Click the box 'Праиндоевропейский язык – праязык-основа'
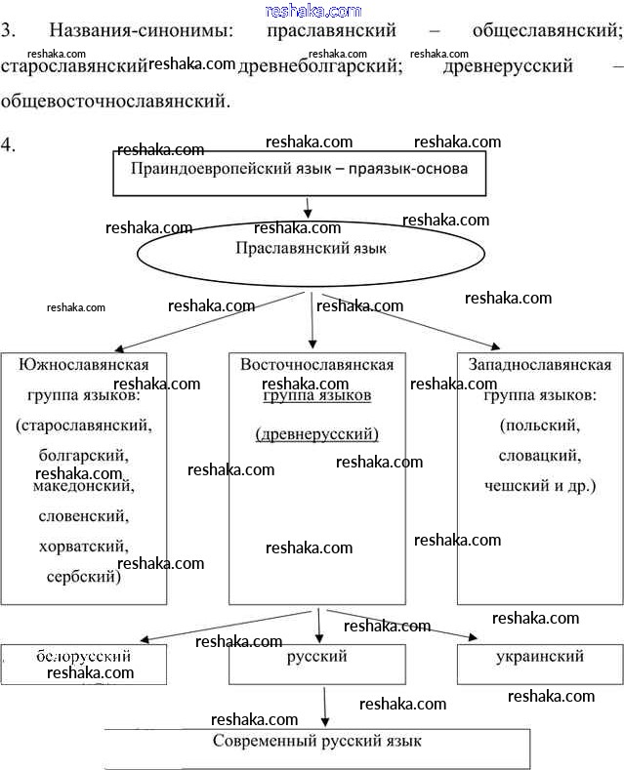(x=306, y=170)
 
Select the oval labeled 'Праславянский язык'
(x=311, y=250)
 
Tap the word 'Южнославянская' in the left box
(x=91, y=365)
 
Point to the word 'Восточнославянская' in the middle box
(x=316, y=365)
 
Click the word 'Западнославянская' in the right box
(x=539, y=365)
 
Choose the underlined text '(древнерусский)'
(x=316, y=434)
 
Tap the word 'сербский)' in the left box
(x=83, y=576)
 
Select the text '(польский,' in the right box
(x=539, y=426)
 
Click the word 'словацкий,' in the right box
(x=539, y=456)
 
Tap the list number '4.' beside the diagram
(x=9, y=145)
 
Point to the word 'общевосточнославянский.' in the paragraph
(x=116, y=100)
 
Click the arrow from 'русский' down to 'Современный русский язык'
(x=324, y=705)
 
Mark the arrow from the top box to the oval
(x=308, y=208)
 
